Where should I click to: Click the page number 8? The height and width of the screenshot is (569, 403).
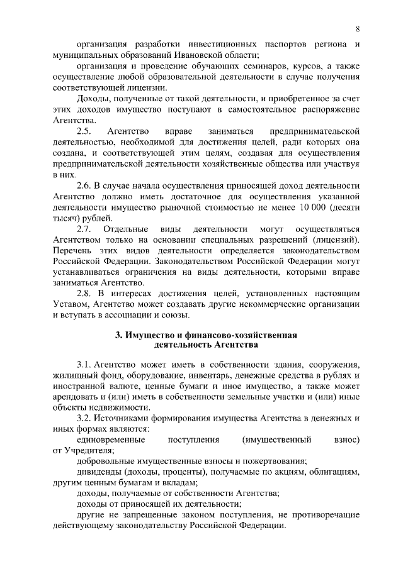pyautogui.click(x=357, y=28)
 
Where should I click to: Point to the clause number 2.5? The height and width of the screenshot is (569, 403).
pyautogui.click(x=84, y=131)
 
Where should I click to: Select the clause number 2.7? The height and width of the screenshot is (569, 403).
pyautogui.click(x=84, y=229)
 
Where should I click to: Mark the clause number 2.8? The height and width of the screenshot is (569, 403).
pyautogui.click(x=84, y=294)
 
